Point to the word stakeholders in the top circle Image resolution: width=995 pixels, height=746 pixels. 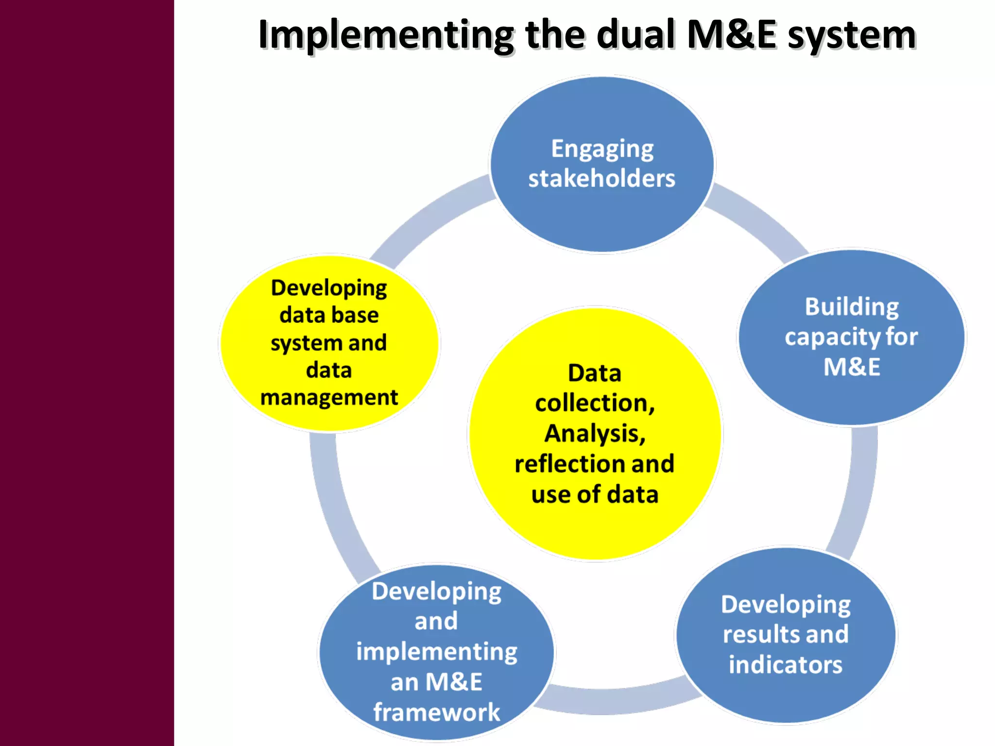602,178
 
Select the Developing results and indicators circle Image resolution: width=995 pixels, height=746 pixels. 786,699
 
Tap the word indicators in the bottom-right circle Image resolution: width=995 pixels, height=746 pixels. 786,665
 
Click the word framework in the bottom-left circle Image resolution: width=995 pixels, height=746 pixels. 436,712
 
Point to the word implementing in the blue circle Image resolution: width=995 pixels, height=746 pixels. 436,652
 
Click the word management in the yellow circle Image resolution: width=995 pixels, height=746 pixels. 329,398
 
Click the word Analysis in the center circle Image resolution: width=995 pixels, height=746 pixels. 595,433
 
